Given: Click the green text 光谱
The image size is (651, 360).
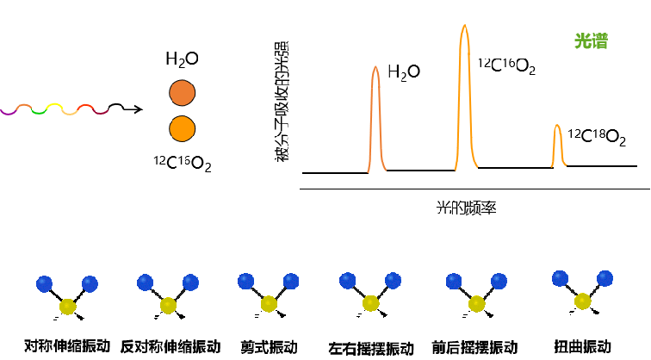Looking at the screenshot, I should [x=591, y=41].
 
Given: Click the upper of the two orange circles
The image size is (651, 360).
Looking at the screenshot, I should [x=182, y=93].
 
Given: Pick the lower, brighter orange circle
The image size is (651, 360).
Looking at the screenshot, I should [x=182, y=128].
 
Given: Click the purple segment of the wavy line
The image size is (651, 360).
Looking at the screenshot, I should [x=8, y=112].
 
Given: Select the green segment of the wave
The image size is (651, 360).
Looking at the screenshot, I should [x=39, y=112].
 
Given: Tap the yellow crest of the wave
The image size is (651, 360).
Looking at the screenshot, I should [x=54, y=105].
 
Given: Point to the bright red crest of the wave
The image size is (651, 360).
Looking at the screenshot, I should [x=85, y=106].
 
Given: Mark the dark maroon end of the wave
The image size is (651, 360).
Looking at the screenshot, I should [x=102, y=111].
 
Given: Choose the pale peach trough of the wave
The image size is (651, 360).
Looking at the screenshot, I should [x=70, y=113].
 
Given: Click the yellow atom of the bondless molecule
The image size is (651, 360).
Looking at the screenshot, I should [x=67, y=307].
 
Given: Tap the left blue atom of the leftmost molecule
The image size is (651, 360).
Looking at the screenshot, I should [x=45, y=284].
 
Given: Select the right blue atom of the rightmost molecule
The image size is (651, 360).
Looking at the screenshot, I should [x=604, y=278].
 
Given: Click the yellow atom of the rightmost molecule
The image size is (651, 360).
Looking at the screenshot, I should [x=583, y=301].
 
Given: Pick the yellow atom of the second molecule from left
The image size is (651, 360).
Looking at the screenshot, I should [x=168, y=305].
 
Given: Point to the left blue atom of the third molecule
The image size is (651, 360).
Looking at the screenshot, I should [x=246, y=281].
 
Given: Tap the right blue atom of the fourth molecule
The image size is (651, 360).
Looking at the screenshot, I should [x=393, y=280].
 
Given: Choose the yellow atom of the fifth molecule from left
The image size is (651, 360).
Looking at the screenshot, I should [x=476, y=303].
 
